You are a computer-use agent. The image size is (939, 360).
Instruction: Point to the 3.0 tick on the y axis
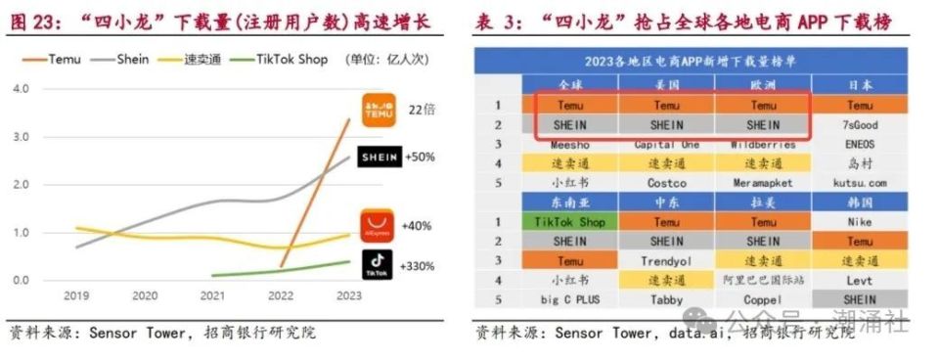[22, 136]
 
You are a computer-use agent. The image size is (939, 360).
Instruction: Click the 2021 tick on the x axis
[212, 294]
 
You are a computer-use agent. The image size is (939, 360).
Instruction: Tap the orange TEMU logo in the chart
[379, 110]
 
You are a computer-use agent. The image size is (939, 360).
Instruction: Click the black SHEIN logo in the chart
[380, 157]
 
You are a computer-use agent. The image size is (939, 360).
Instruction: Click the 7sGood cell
[861, 124]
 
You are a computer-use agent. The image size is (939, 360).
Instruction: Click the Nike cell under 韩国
[861, 221]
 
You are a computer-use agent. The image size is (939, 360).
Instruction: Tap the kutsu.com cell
[861, 182]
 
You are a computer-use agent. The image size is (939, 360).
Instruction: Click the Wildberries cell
[763, 144]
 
